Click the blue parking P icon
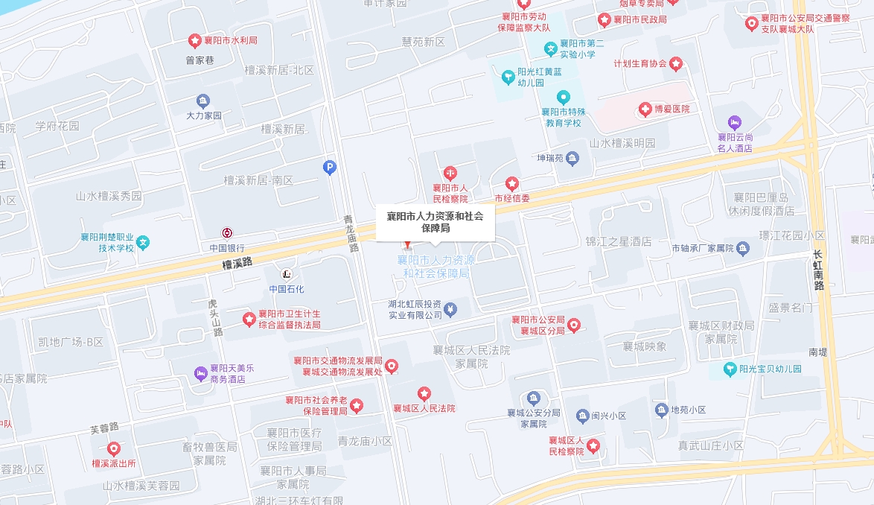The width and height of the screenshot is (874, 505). point(330,168)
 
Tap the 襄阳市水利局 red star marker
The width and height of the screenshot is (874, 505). point(195,40)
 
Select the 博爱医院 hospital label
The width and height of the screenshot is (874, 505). point(672,109)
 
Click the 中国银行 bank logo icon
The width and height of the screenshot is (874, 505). point(227,233)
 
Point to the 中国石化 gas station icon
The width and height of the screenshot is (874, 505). point(287,274)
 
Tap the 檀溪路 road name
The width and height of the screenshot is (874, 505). point(237,263)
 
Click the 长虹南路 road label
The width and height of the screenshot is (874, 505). point(819,270)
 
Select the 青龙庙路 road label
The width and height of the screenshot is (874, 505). point(351,233)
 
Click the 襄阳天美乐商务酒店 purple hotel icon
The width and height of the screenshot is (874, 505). point(200,373)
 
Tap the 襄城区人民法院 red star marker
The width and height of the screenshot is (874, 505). point(424,393)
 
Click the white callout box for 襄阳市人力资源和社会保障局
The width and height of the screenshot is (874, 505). point(435,222)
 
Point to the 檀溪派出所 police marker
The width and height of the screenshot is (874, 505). point(113,449)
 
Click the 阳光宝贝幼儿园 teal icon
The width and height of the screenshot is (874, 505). point(731,369)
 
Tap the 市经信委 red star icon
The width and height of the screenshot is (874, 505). point(512,183)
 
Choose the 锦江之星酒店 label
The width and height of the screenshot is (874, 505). point(618,241)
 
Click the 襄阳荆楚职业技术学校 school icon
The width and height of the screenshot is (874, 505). point(143,242)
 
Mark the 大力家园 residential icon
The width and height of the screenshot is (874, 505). point(203,101)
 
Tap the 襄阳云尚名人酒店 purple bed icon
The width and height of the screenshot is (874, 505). point(734,121)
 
